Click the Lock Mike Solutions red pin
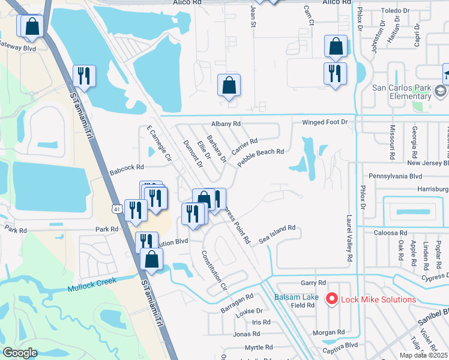[x=331, y=298]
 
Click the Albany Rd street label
[x=225, y=124]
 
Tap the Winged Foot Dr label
[x=325, y=122]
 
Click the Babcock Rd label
[x=127, y=170]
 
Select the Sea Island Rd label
[x=277, y=231]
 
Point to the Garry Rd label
[x=313, y=283]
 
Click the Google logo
[x=20, y=353]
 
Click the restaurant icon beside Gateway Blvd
[x=83, y=76]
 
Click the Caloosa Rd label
[x=391, y=232]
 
